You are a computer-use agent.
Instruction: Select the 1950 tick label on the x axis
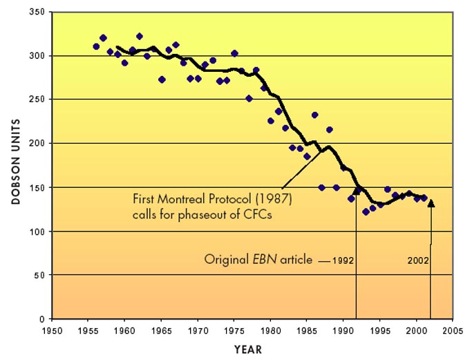[52, 331]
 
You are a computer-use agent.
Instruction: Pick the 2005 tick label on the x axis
[453, 331]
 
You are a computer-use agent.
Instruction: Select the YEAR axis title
[247, 350]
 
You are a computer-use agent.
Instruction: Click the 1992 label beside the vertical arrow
[344, 260]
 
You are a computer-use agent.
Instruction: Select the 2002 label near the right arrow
[418, 260]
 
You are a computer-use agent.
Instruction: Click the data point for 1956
[96, 46]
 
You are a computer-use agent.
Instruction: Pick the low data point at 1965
[162, 79]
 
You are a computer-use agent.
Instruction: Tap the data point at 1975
[234, 53]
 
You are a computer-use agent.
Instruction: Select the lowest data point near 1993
[366, 211]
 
